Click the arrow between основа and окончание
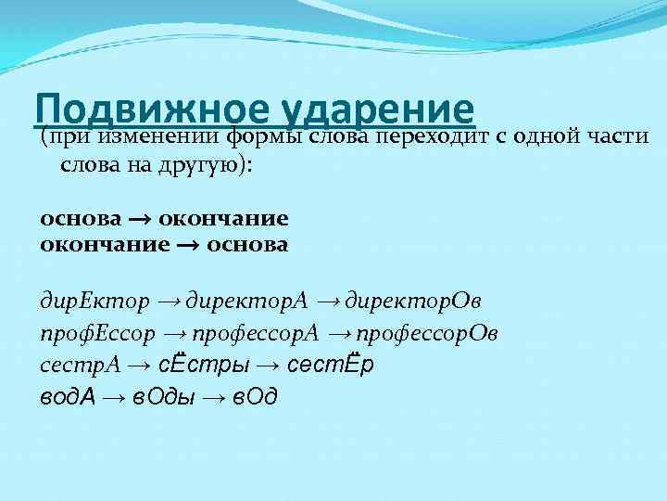click(139, 220)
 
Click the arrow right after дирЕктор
click(170, 303)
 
